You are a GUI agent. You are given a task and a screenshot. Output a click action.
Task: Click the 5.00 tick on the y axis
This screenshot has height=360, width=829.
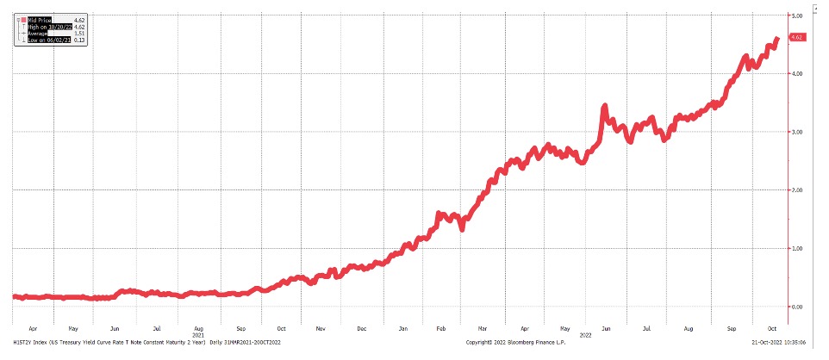pyautogui.click(x=797, y=16)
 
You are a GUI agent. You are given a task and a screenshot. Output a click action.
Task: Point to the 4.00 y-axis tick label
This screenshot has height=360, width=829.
pyautogui.click(x=797, y=74)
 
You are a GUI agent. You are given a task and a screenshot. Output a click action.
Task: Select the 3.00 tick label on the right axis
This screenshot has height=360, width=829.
pyautogui.click(x=797, y=132)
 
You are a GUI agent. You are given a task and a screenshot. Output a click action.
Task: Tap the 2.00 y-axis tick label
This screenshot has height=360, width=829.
pyautogui.click(x=797, y=189)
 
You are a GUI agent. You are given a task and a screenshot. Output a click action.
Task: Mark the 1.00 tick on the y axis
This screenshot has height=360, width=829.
pyautogui.click(x=797, y=248)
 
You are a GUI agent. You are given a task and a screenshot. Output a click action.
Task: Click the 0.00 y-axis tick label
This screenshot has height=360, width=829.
pyautogui.click(x=797, y=306)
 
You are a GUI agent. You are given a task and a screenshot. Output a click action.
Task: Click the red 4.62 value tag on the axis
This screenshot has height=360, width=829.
pyautogui.click(x=797, y=38)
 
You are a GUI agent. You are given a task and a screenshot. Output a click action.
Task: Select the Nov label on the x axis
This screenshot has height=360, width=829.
pyautogui.click(x=320, y=328)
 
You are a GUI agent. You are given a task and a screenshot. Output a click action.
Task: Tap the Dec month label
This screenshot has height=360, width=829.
pyautogui.click(x=362, y=328)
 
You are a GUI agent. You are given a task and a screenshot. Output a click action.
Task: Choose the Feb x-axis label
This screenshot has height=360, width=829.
pyautogui.click(x=442, y=328)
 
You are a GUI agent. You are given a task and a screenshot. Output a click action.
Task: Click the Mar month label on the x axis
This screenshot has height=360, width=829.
pyautogui.click(x=483, y=328)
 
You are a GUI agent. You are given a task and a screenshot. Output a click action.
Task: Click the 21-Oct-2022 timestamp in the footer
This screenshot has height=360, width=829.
pyautogui.click(x=781, y=343)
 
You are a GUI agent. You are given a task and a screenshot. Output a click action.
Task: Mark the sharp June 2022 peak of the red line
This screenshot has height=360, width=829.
pyautogui.click(x=605, y=106)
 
